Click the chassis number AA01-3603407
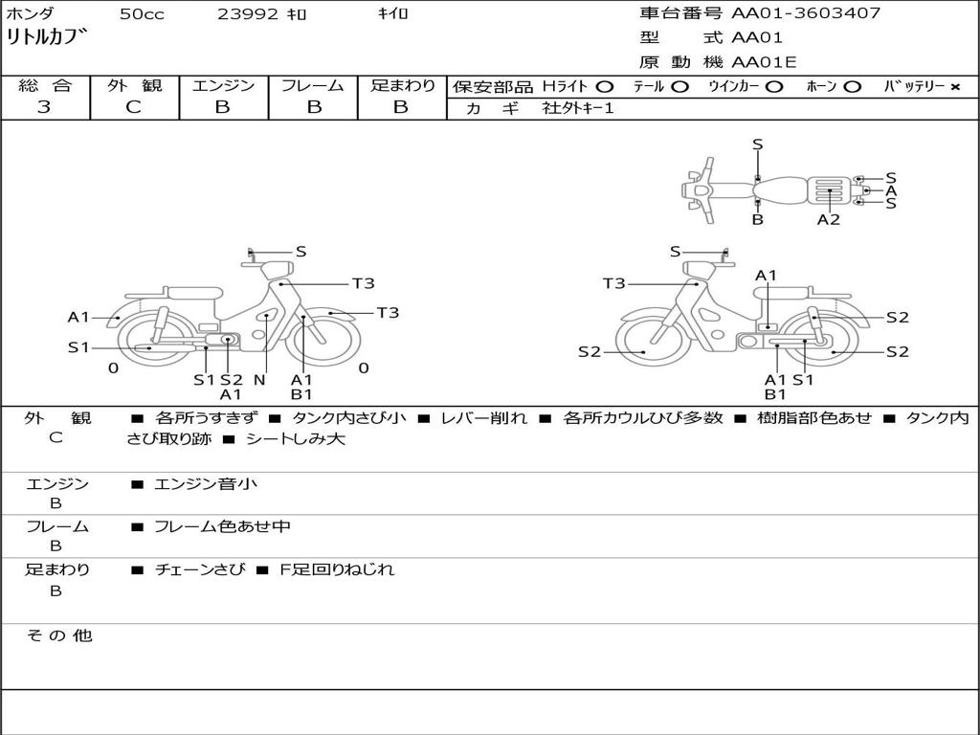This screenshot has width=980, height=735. pos(806,13)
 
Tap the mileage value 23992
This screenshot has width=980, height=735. pos(248,14)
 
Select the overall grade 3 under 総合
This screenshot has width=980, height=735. pos(44,107)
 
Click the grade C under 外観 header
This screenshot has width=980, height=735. pos(133,107)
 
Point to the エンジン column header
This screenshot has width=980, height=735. pos(223,85)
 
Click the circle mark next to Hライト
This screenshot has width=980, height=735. pos(605,87)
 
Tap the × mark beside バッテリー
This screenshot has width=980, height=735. pos(955,87)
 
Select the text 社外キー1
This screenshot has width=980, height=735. pos(578,108)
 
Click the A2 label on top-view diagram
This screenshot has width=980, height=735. pos(829,220)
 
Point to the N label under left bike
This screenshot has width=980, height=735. pos(259,380)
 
